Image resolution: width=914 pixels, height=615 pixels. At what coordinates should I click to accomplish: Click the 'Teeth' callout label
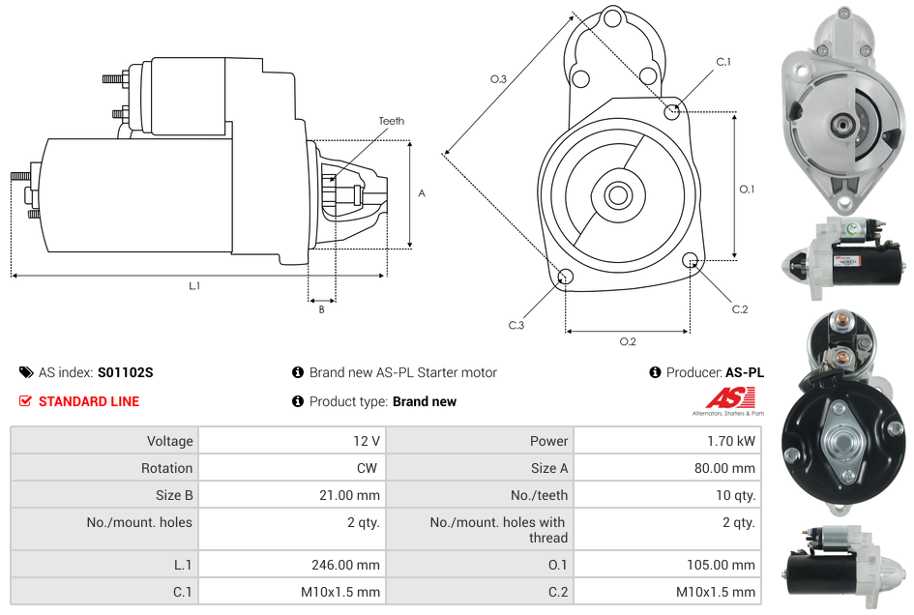(391, 121)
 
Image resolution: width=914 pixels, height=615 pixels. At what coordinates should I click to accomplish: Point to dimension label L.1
(194, 286)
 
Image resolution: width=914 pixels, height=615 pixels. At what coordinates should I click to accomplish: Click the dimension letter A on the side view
(421, 193)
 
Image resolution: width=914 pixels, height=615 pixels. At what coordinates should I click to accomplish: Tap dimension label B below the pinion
(321, 309)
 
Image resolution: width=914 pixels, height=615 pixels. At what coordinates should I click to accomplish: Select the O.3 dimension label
(498, 79)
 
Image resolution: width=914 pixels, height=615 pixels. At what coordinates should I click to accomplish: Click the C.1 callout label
(722, 62)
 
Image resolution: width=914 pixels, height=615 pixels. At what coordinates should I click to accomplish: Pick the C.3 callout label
(516, 326)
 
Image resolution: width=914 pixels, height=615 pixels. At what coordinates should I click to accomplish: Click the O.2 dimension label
(627, 341)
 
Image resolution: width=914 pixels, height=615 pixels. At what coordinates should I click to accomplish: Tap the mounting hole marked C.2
(691, 260)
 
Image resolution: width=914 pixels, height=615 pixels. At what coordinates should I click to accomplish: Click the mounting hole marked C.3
(566, 278)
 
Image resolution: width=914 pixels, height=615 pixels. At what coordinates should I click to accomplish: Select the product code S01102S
(125, 372)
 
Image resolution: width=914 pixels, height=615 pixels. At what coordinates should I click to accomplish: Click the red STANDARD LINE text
(89, 401)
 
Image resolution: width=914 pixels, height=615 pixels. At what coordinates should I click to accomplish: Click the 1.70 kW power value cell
(732, 441)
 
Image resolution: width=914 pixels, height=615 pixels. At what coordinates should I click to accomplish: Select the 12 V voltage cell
(366, 441)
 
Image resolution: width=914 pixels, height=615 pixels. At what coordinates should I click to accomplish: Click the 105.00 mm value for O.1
(720, 565)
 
